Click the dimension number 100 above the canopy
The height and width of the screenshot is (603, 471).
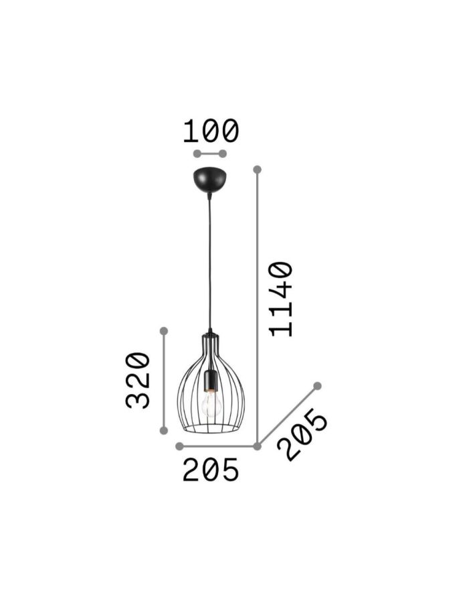pyautogui.click(x=211, y=131)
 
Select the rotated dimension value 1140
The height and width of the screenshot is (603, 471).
pyautogui.click(x=280, y=299)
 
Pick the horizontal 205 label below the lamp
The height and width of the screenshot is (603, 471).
pyautogui.click(x=211, y=471)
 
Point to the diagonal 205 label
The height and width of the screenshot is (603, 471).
pyautogui.click(x=305, y=436)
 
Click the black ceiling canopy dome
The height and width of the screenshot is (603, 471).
pyautogui.click(x=209, y=179)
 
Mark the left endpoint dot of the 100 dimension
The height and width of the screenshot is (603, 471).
pyautogui.click(x=197, y=154)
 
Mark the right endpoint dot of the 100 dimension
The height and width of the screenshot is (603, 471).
pyautogui.click(x=223, y=154)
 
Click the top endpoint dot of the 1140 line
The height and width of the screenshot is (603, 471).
pyautogui.click(x=257, y=170)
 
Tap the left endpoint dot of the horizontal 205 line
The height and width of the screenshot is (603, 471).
pyautogui.click(x=179, y=446)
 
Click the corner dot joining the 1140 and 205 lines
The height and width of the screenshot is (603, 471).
pyautogui.click(x=257, y=446)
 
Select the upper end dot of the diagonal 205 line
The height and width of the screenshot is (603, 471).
pyautogui.click(x=318, y=386)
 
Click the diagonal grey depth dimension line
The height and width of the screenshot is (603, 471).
pyautogui.click(x=288, y=415)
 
